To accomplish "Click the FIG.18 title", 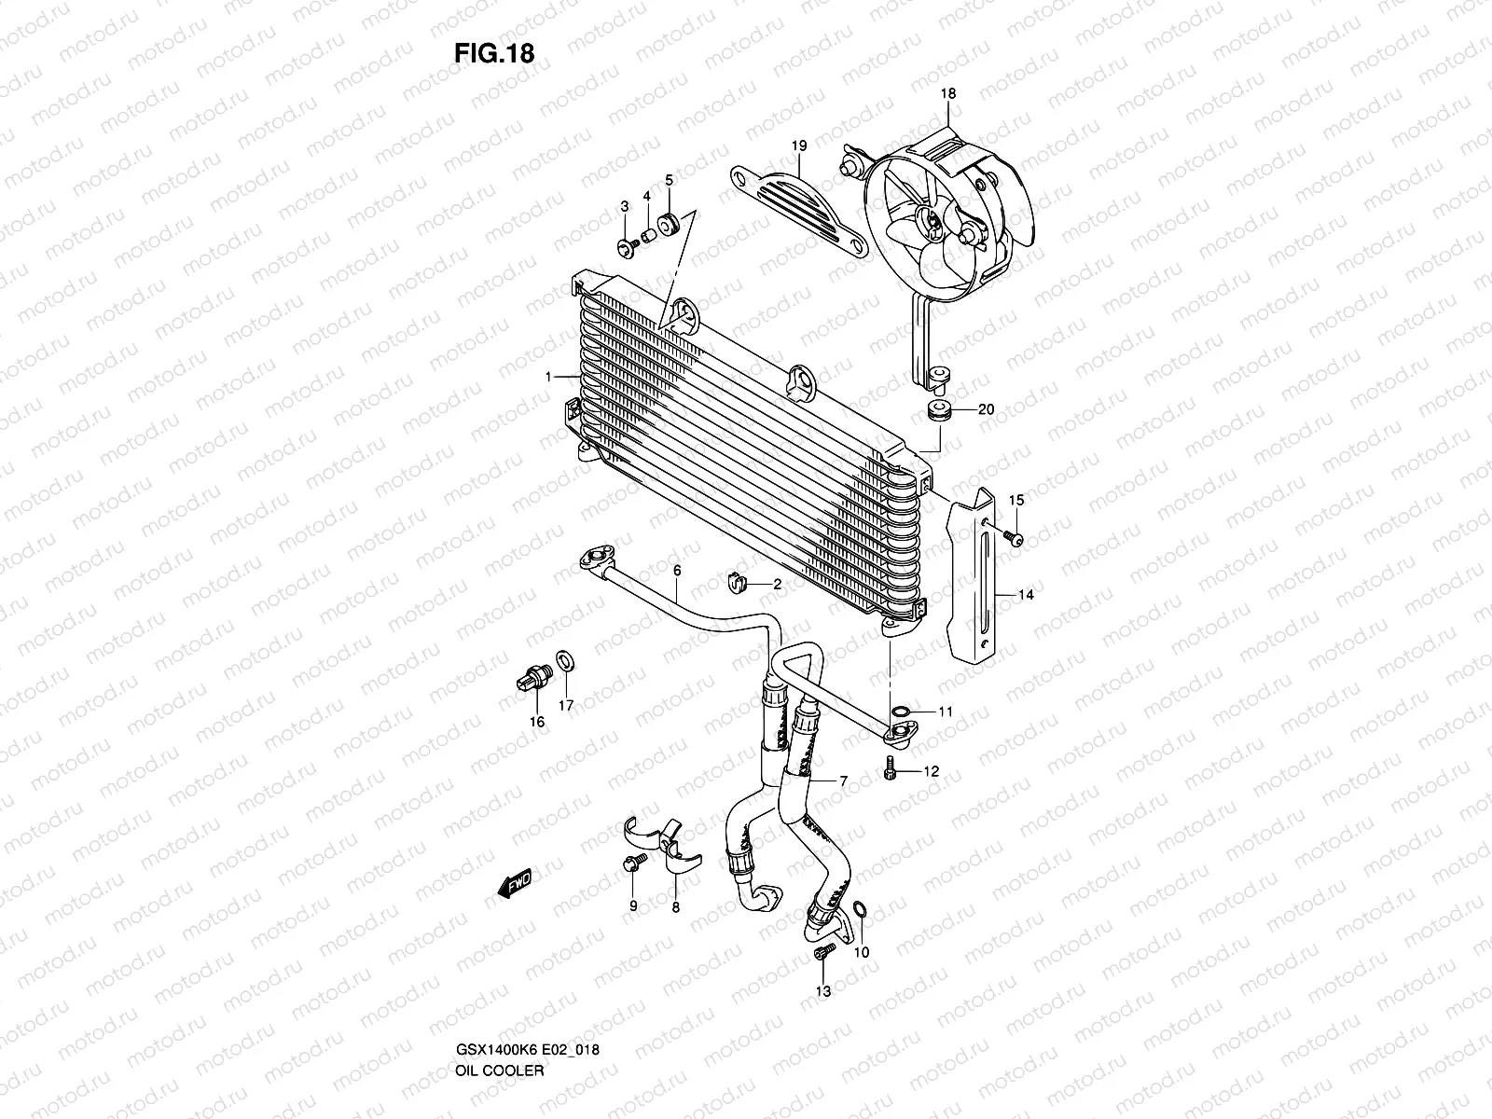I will [x=494, y=53].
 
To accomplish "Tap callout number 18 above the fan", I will [x=948, y=94].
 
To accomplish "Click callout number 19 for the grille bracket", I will [x=799, y=145].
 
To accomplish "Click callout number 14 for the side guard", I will [x=1026, y=594].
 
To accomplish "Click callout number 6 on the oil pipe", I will [x=677, y=570].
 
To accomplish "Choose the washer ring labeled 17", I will [x=564, y=663].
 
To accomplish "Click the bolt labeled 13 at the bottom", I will [x=821, y=952].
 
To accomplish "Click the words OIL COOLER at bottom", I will [x=499, y=992].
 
